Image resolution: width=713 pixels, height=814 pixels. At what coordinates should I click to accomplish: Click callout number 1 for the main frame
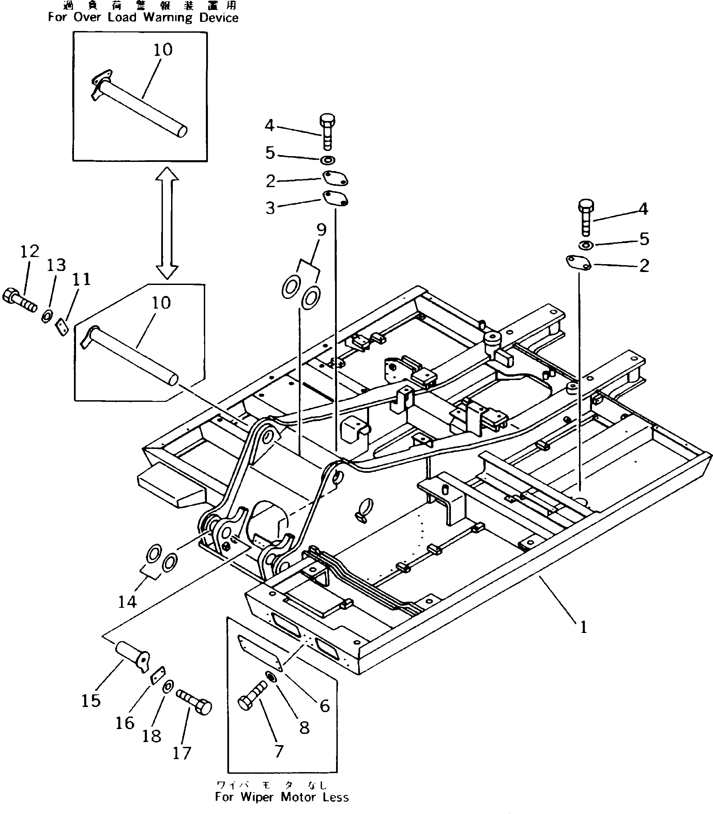(x=583, y=628)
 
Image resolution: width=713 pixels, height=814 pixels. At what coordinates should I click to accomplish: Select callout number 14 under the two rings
(x=127, y=602)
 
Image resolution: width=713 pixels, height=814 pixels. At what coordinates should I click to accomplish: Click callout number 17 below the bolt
(x=182, y=753)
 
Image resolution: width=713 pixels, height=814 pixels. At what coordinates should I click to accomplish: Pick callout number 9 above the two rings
(x=321, y=229)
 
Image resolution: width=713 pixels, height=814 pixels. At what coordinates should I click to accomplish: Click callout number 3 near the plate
(x=271, y=208)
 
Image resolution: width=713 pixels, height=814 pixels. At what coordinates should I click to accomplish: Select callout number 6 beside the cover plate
(x=325, y=706)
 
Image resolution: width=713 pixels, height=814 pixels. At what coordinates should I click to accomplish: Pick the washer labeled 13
(x=47, y=317)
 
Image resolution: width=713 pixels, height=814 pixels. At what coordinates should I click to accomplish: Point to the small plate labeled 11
(x=61, y=327)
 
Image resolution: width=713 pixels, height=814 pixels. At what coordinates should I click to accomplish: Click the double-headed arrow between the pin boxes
(x=167, y=223)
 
